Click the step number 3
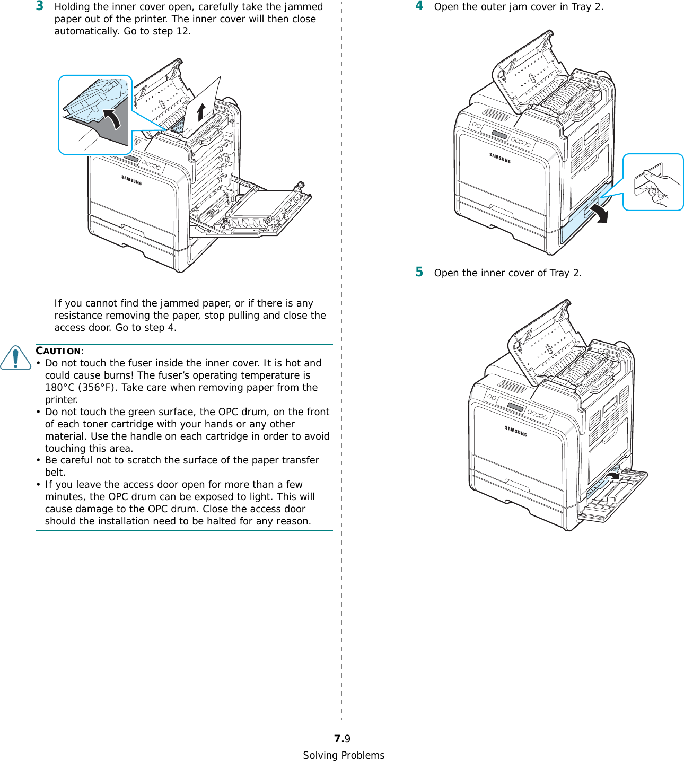pyautogui.click(x=40, y=6)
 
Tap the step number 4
pyautogui.click(x=419, y=6)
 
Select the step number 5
pyautogui.click(x=419, y=272)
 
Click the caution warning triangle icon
pyautogui.click(x=16, y=357)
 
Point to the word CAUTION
pyautogui.click(x=58, y=351)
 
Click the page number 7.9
pyautogui.click(x=342, y=739)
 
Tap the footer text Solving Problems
pyautogui.click(x=344, y=755)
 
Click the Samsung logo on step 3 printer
pyautogui.click(x=131, y=180)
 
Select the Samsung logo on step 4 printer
pyautogui.click(x=499, y=158)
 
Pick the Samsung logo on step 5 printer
pyautogui.click(x=515, y=431)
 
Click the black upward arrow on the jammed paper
pyautogui.click(x=201, y=112)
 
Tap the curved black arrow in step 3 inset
pyautogui.click(x=113, y=118)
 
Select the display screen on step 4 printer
pyautogui.click(x=499, y=135)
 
